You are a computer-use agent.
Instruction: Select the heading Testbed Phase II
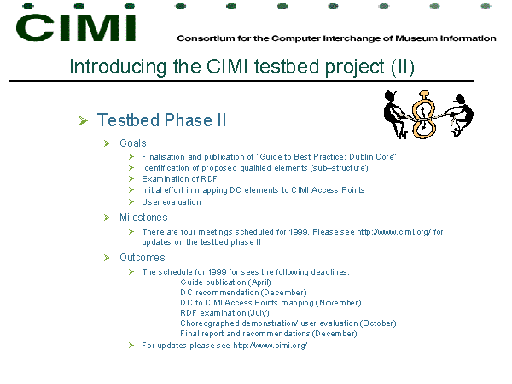pos(161,120)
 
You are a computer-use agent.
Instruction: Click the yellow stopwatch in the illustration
pos(424,114)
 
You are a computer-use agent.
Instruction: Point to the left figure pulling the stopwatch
pos(395,114)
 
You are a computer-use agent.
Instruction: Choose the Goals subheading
pos(133,143)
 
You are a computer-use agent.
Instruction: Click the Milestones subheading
pos(143,218)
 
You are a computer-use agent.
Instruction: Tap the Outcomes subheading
pos(143,258)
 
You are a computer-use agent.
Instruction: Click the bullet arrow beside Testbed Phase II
pos(83,120)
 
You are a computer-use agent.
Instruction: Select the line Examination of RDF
pos(179,179)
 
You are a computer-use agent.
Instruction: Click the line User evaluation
pos(172,202)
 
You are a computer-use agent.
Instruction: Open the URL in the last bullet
pos(270,346)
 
